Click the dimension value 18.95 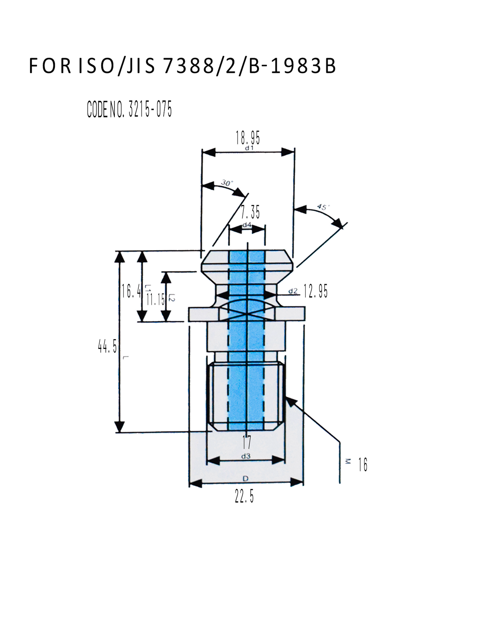point(248,138)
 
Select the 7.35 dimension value point(250,212)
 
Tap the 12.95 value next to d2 point(315,291)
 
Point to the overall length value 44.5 point(107,347)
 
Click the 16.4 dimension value point(131,291)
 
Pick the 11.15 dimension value point(155,300)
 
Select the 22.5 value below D point(244,496)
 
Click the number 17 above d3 point(247,442)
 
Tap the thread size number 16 point(363,465)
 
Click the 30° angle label point(226,183)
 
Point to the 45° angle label point(323,207)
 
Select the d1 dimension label point(249,148)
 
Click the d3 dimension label point(245,456)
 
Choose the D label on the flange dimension point(245,479)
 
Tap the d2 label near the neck point(293,291)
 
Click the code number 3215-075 point(150,109)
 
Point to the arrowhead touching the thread point(290,400)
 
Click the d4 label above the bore point(247,225)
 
